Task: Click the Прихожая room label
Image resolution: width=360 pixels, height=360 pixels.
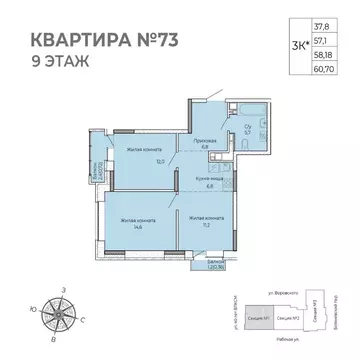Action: pos(200,143)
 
